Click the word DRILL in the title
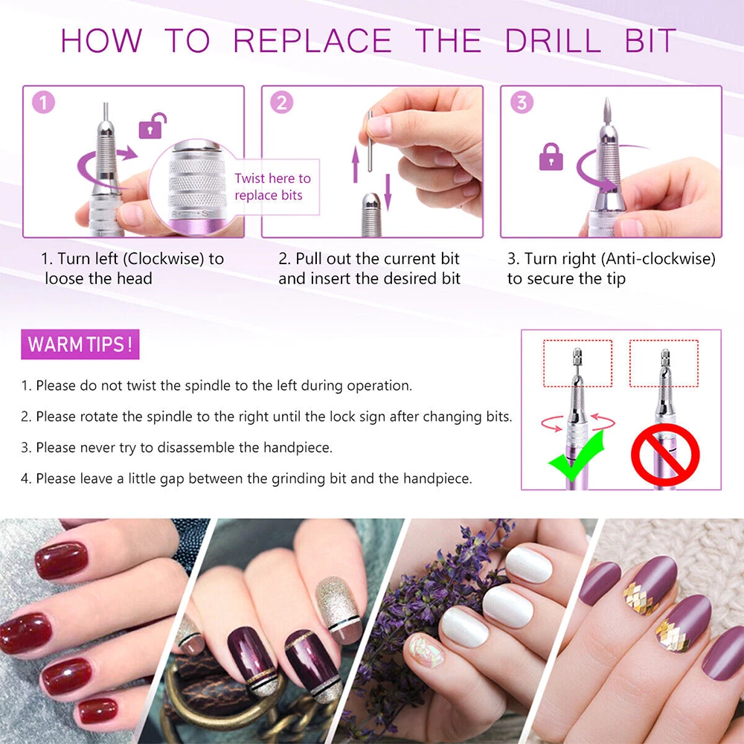(x=553, y=40)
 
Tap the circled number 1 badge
(x=44, y=103)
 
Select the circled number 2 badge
(x=282, y=103)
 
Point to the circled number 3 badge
(x=522, y=103)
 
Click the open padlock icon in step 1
(x=152, y=126)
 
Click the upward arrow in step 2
(x=356, y=164)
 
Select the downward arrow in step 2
(x=388, y=192)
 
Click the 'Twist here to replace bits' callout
(x=273, y=187)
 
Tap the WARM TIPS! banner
(x=80, y=344)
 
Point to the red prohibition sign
(x=665, y=455)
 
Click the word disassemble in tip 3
(x=207, y=447)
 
